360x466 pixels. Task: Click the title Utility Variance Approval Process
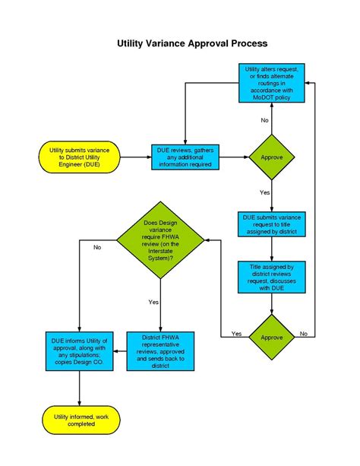(191, 44)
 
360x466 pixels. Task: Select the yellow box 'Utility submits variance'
(80, 157)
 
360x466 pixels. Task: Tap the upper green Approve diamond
(271, 157)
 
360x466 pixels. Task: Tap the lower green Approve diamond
(271, 334)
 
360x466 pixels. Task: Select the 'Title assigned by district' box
(271, 277)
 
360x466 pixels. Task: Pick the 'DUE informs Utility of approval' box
(80, 350)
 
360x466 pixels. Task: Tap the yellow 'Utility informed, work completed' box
(80, 419)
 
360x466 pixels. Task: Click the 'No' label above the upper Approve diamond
(264, 121)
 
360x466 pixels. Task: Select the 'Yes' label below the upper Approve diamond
(264, 193)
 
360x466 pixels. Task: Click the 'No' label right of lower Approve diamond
(303, 334)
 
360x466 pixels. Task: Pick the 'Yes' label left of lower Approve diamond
(236, 334)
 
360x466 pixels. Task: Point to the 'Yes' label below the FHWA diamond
(153, 302)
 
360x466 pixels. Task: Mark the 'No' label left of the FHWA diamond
(97, 248)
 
